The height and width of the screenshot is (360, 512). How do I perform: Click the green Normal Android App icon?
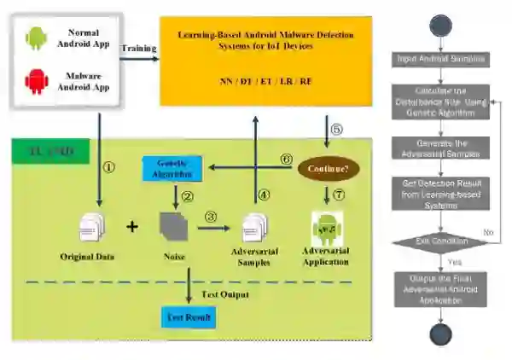click(x=35, y=38)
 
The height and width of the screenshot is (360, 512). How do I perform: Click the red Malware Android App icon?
click(x=35, y=83)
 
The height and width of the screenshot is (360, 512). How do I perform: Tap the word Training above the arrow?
click(x=138, y=49)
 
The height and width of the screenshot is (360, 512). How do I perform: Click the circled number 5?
click(x=335, y=130)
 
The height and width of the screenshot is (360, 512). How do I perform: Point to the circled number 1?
click(x=108, y=166)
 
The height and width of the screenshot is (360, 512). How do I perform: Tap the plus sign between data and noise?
click(x=132, y=227)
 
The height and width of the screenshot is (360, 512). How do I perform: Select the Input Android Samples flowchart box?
click(x=440, y=59)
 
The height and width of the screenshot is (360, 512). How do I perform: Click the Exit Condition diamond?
click(x=440, y=242)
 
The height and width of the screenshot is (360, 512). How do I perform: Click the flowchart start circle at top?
click(x=440, y=22)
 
